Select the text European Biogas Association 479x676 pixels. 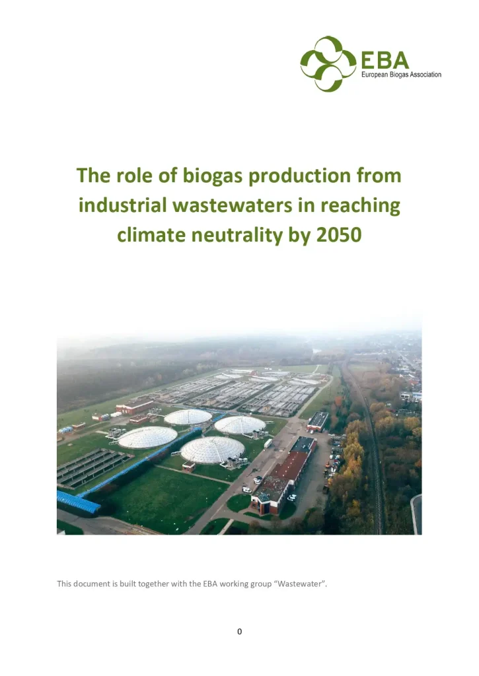coord(401,75)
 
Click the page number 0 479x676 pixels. coord(239,632)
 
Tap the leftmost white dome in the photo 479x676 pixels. coord(147,437)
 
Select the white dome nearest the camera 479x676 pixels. coord(212,450)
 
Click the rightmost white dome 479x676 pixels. coord(240,425)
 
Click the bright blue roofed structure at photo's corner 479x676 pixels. coord(78,502)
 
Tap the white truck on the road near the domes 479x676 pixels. coord(268,444)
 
